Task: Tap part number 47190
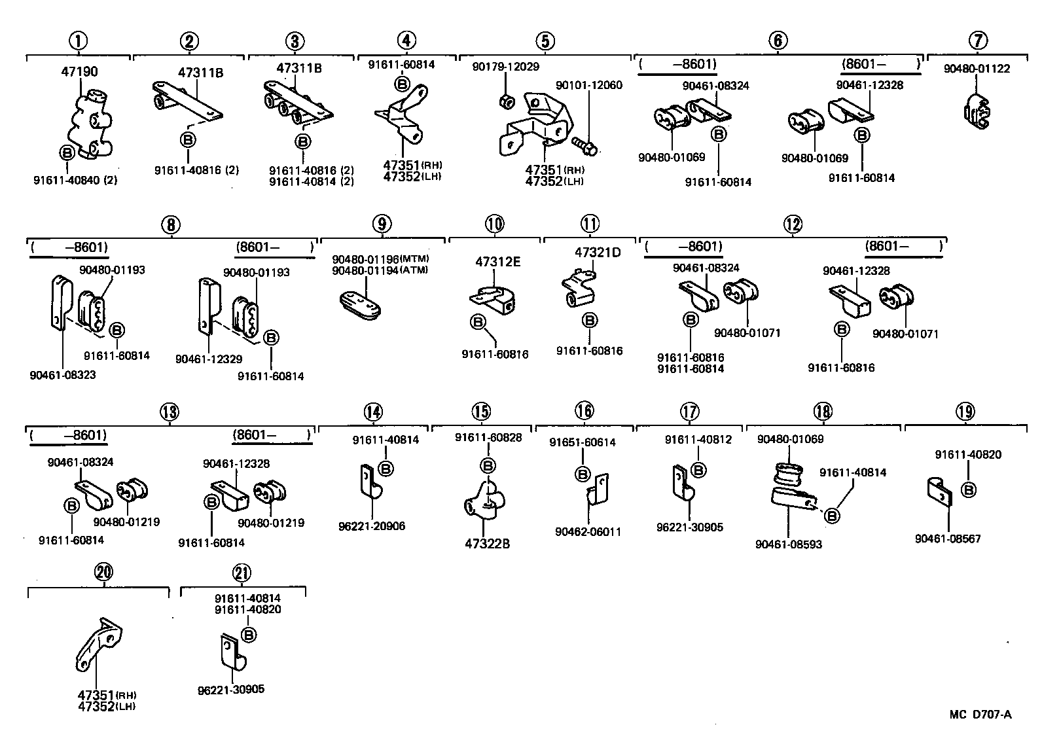click(x=80, y=71)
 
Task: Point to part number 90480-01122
click(x=977, y=69)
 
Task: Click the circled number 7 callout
click(x=978, y=41)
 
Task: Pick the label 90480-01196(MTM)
click(x=380, y=259)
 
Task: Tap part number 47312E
click(x=497, y=262)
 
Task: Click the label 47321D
click(x=598, y=253)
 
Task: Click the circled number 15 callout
click(x=481, y=412)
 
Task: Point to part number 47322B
click(x=488, y=543)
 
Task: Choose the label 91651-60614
click(x=583, y=442)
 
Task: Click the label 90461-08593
click(x=788, y=544)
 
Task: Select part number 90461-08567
click(x=948, y=539)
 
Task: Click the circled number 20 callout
click(x=103, y=573)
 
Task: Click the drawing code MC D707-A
click(x=981, y=714)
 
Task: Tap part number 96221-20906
click(x=372, y=525)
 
